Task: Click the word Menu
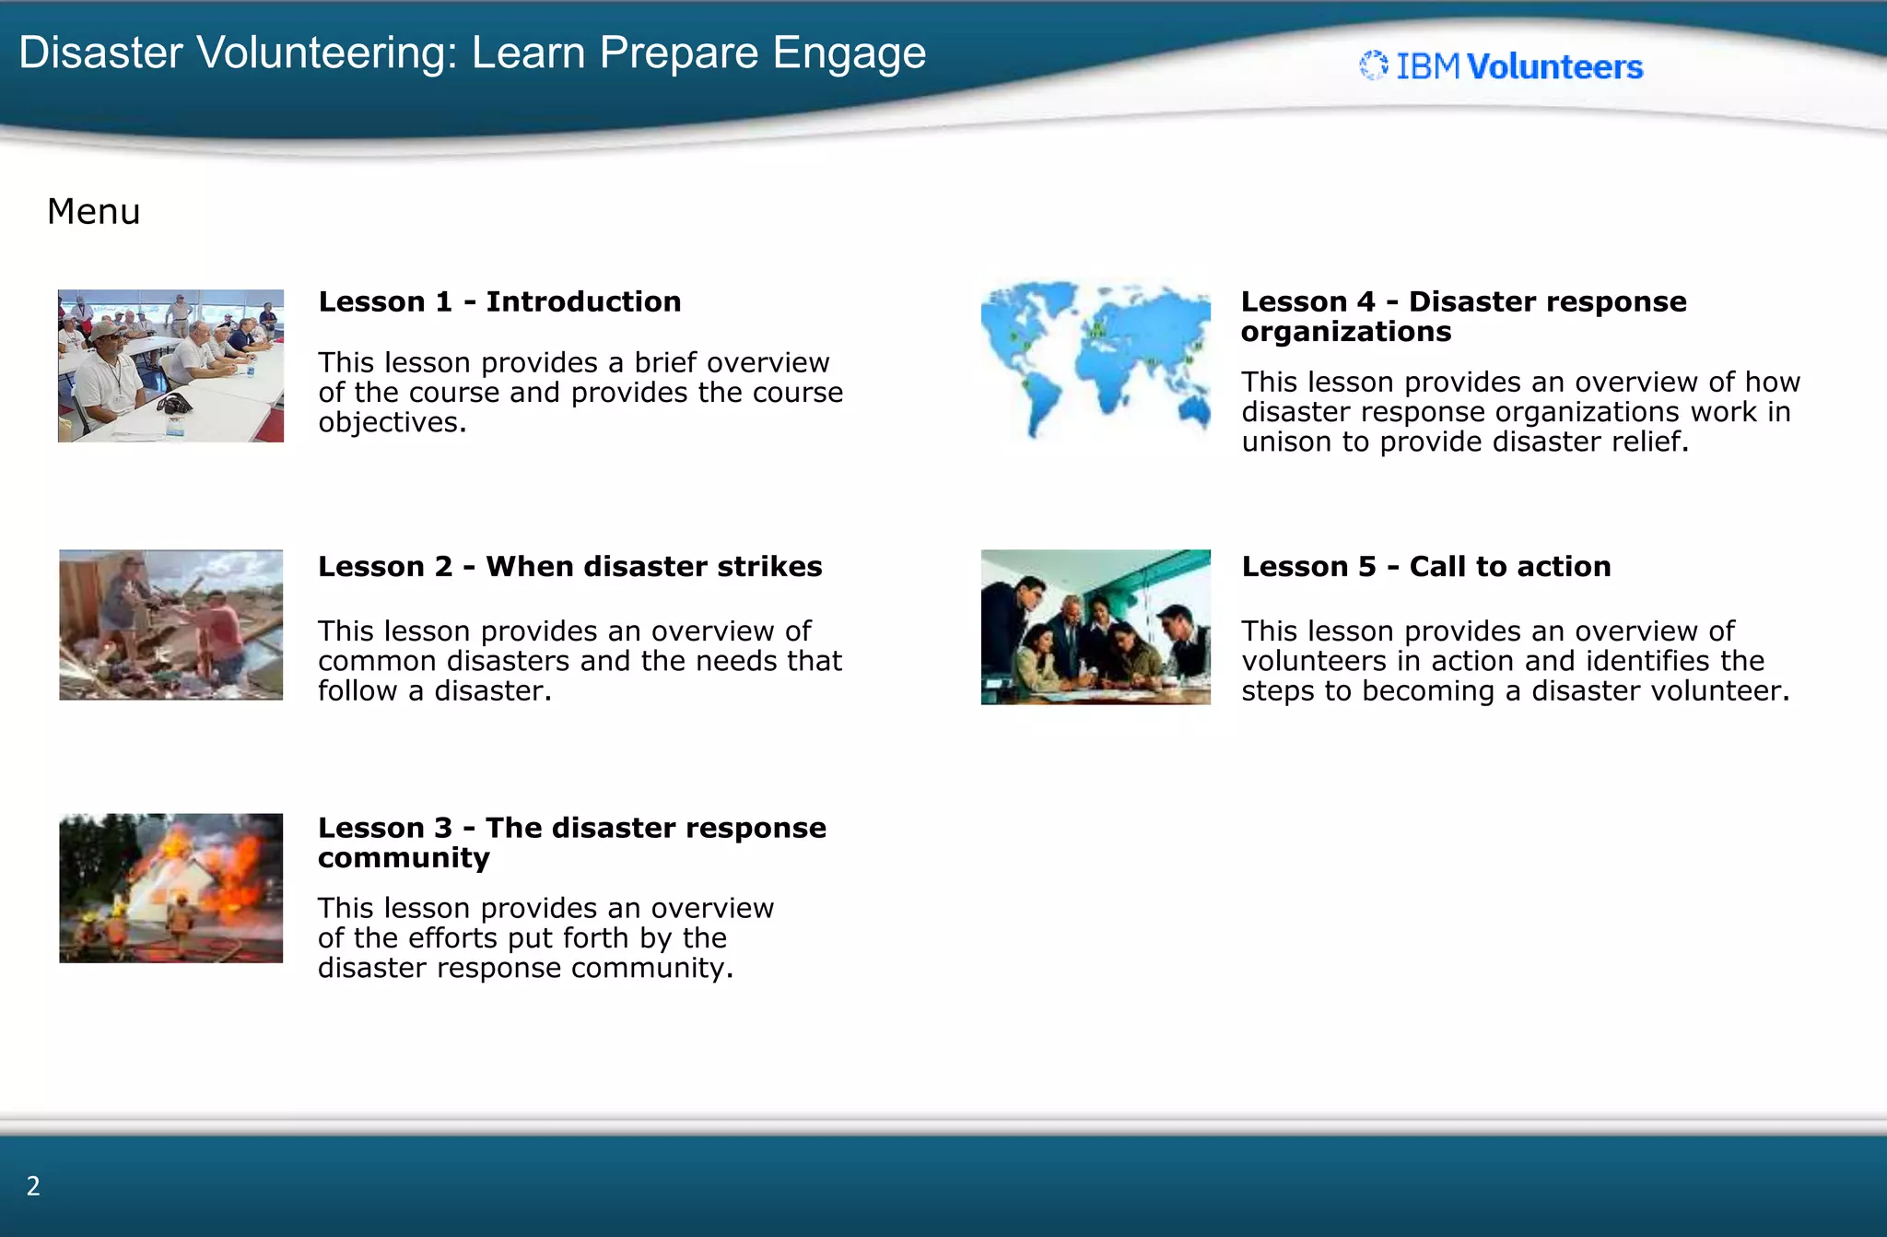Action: point(94,212)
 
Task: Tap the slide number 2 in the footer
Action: point(33,1186)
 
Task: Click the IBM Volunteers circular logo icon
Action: point(1374,65)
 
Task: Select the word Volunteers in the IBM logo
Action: point(1554,67)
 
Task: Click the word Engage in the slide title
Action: point(849,53)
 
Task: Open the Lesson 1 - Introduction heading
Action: point(499,301)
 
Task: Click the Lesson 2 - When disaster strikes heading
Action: point(569,566)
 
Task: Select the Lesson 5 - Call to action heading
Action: point(1425,566)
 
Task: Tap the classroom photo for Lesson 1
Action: point(170,366)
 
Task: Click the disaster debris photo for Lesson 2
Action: point(170,625)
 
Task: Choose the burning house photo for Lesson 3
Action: point(170,888)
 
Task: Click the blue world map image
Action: point(1095,359)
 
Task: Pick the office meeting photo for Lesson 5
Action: point(1095,627)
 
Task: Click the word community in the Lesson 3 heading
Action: point(404,858)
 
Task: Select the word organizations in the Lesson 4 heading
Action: point(1345,332)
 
